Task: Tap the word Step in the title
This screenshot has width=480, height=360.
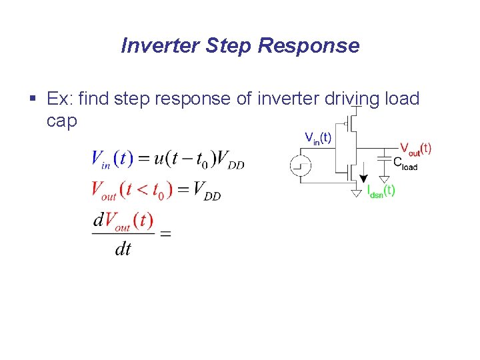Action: tap(230, 45)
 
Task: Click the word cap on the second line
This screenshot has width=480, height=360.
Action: tap(62, 121)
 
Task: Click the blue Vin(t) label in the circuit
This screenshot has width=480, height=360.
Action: tap(318, 137)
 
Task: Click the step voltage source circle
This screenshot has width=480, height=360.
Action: tap(301, 165)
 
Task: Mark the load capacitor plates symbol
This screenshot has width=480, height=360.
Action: tap(385, 157)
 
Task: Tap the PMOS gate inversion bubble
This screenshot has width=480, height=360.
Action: tap(346, 123)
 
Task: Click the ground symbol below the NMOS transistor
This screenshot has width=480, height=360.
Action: tap(357, 193)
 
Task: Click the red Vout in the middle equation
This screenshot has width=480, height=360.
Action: tap(104, 191)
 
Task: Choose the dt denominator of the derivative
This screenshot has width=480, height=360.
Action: tap(123, 249)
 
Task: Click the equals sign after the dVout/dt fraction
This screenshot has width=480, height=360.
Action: tap(165, 233)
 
